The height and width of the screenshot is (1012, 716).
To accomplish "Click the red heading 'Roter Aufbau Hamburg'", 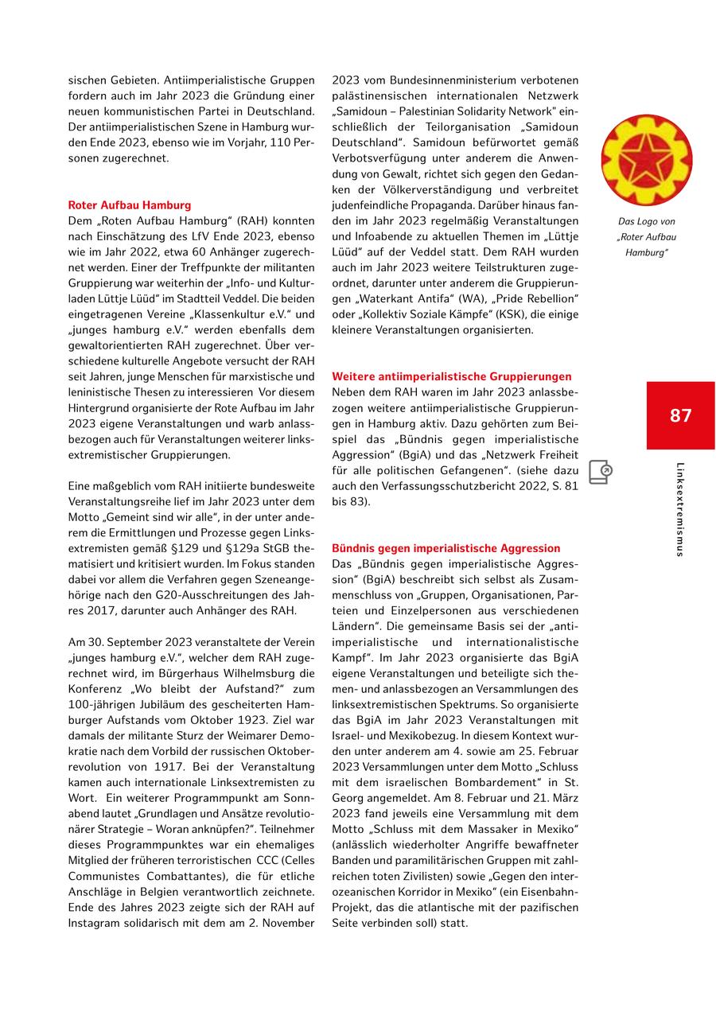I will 130,204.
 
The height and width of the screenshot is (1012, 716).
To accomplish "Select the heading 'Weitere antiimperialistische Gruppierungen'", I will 451,376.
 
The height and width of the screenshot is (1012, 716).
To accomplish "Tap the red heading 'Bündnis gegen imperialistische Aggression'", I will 446,548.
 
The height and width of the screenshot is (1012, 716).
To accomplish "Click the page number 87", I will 680,415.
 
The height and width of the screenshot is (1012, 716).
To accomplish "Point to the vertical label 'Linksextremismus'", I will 680,509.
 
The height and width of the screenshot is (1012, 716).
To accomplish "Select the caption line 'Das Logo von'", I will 646,222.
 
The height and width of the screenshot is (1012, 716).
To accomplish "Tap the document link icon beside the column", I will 601,472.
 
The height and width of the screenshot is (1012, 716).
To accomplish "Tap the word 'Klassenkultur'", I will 243,314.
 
